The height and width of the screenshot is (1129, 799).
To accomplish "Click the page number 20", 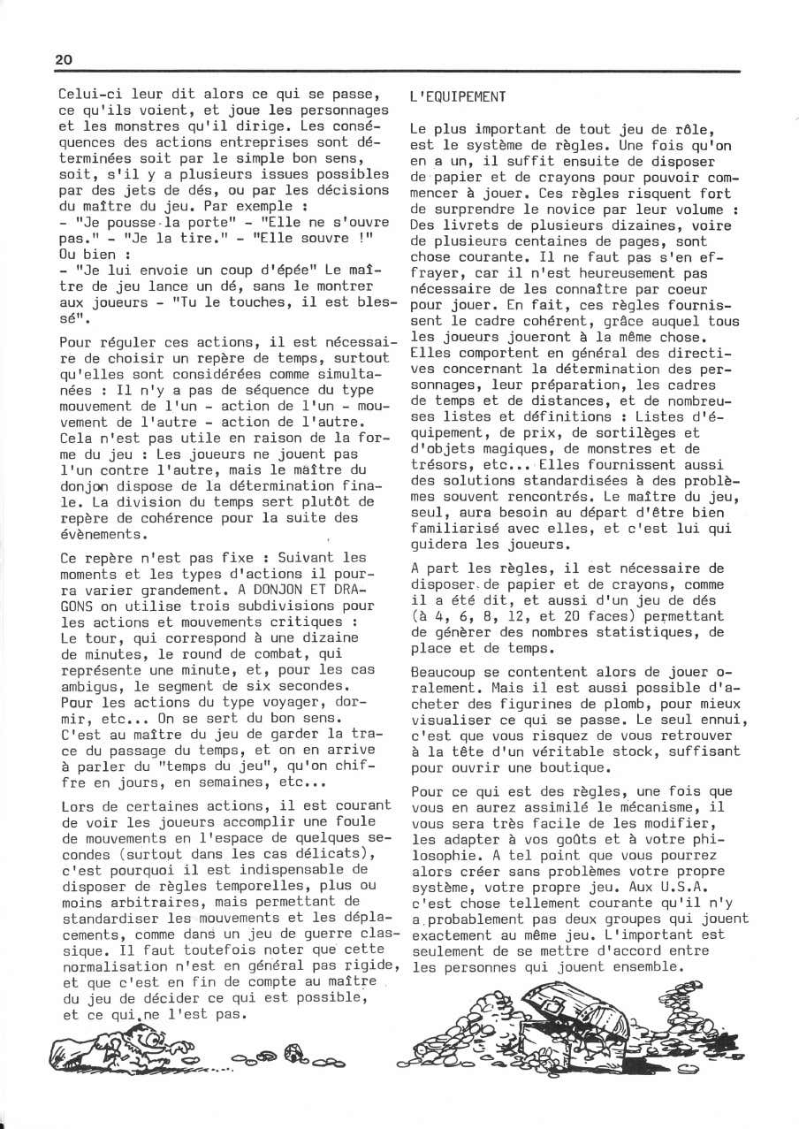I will [64, 59].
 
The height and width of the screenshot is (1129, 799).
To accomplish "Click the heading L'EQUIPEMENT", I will [458, 96].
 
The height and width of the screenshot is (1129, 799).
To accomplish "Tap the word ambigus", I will [91, 686].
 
